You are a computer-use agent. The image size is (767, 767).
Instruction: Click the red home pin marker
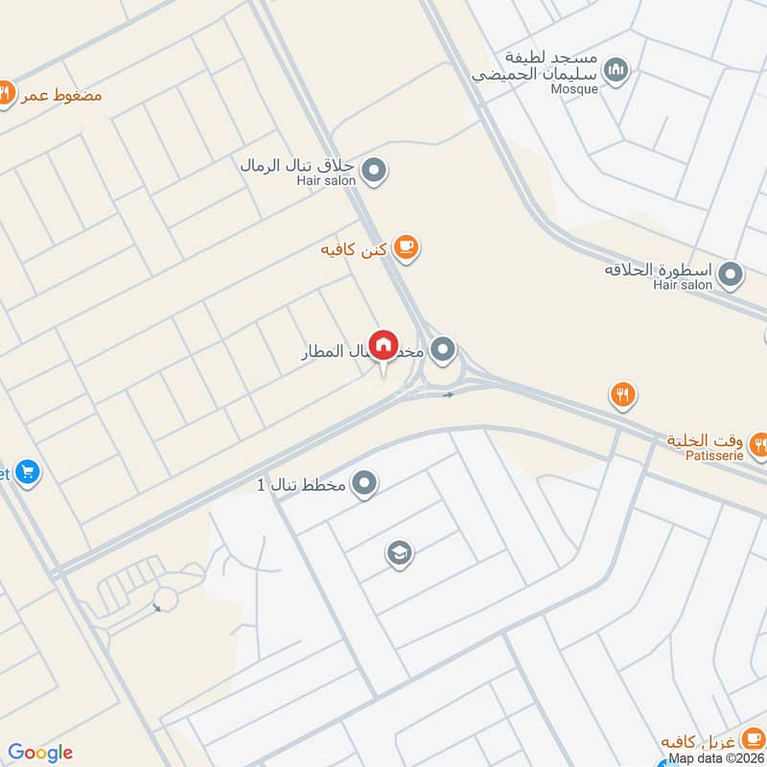[383, 345]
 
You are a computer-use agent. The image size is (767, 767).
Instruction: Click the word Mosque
[574, 89]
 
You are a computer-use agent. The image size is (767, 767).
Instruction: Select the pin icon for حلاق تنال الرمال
[376, 172]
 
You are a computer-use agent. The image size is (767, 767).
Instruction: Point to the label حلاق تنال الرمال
[299, 165]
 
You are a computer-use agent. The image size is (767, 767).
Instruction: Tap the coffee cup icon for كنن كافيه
[407, 248]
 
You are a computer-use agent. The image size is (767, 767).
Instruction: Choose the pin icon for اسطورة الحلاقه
[732, 276]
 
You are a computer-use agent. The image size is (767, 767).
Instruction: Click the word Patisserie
[711, 456]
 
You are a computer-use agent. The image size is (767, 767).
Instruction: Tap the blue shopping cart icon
[27, 473]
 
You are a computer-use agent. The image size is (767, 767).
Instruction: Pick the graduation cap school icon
[399, 552]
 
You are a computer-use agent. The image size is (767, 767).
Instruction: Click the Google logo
[40, 753]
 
